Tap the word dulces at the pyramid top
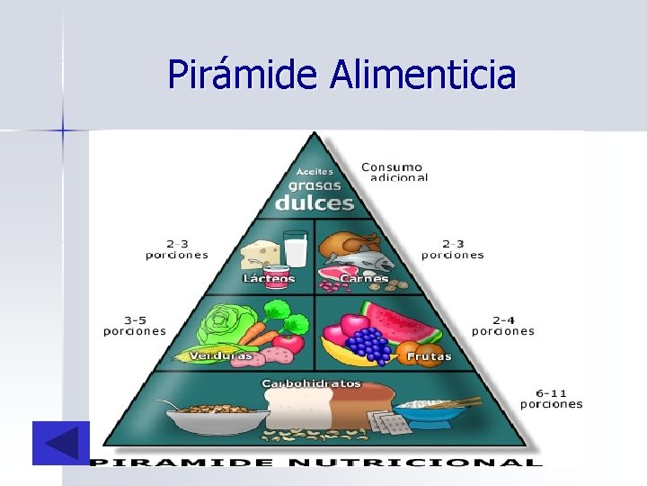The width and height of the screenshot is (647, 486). click(x=314, y=202)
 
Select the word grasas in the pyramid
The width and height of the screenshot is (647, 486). click(x=314, y=186)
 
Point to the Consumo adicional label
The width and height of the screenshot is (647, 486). click(x=394, y=172)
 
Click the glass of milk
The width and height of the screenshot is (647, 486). click(x=296, y=247)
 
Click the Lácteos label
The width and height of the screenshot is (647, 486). click(x=269, y=279)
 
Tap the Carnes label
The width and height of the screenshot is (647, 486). click(x=363, y=279)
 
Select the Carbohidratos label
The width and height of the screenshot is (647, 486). click(x=311, y=383)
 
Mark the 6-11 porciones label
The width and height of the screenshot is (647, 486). click(x=552, y=398)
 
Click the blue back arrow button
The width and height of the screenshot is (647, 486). click(x=60, y=443)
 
